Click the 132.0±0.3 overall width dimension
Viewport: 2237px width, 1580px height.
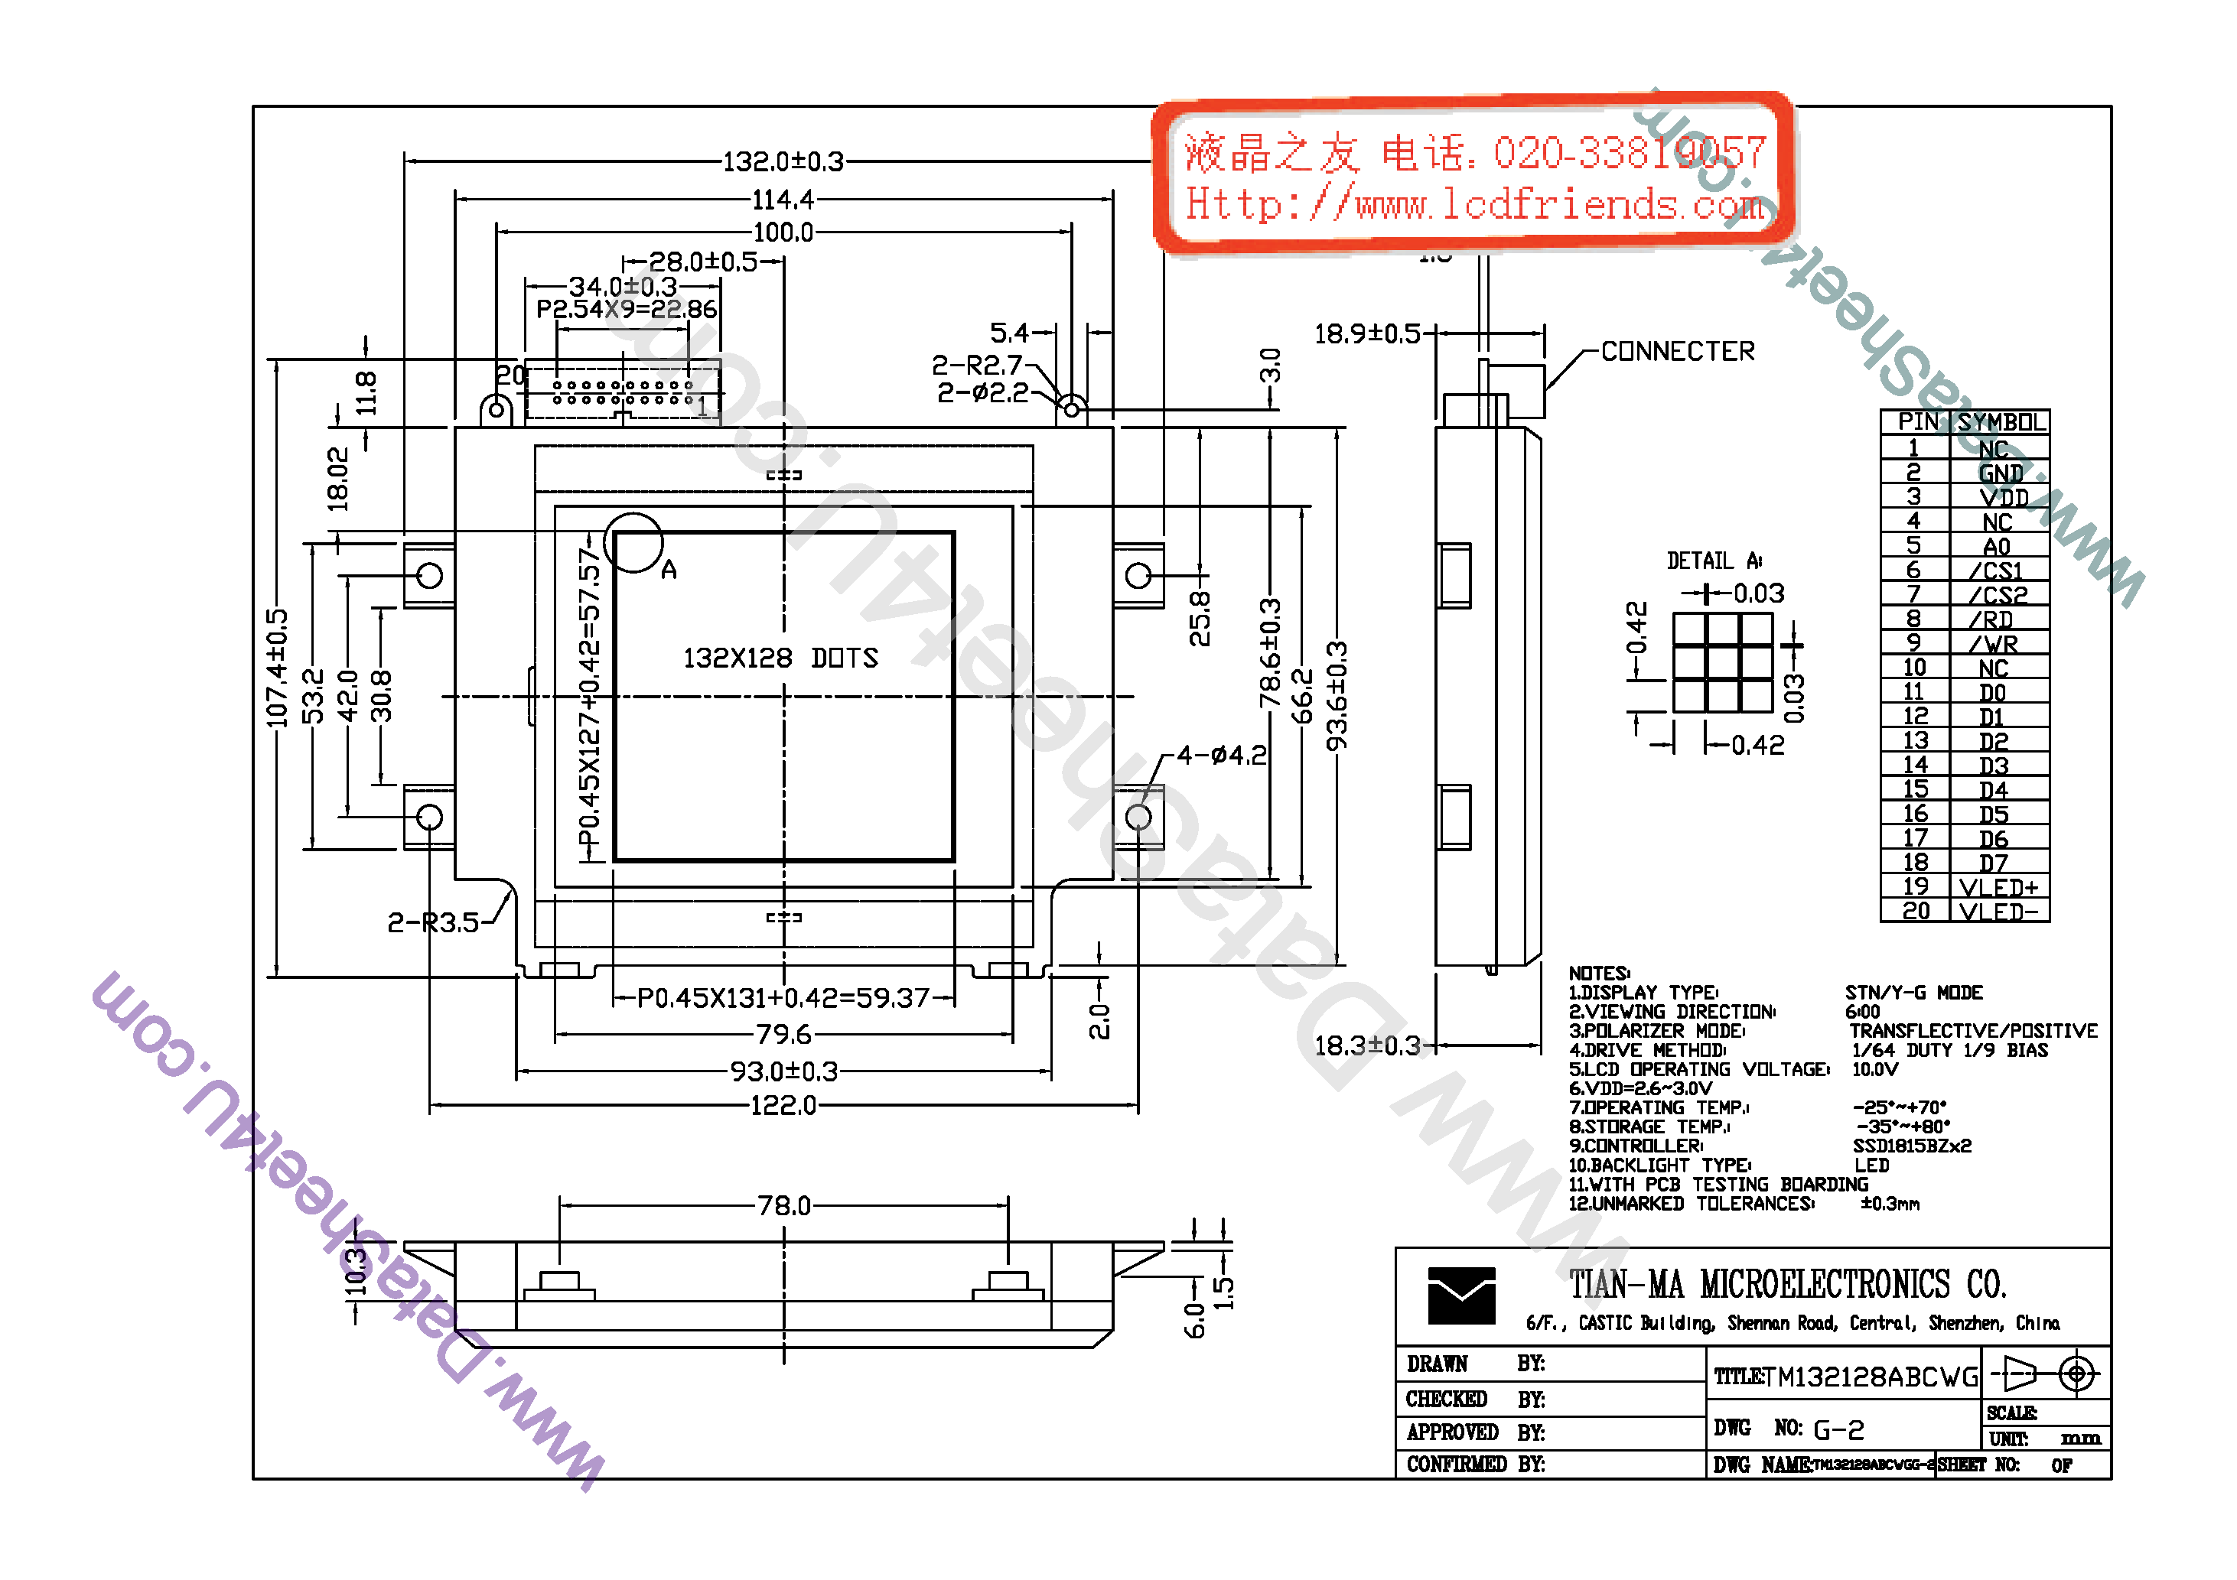coord(783,161)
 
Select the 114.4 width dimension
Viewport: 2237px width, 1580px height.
coord(783,200)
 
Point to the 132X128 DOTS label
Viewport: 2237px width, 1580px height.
coord(780,658)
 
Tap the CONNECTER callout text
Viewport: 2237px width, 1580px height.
coord(1677,352)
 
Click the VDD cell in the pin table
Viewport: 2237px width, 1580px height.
coord(2002,498)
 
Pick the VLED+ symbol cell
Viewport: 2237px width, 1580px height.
coord(1998,887)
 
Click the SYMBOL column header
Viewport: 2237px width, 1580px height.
coord(2001,422)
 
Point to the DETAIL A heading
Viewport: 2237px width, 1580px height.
coord(1713,561)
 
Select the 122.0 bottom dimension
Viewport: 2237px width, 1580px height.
coord(783,1106)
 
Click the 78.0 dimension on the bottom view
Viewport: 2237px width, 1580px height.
coord(783,1206)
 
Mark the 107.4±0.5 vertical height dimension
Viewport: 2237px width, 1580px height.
coord(278,668)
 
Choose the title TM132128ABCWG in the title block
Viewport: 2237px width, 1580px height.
coord(1871,1377)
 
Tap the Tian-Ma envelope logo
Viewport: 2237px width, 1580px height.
coord(1460,1296)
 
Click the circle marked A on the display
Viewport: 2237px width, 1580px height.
coord(633,542)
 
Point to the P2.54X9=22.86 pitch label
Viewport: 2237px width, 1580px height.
coord(627,310)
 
